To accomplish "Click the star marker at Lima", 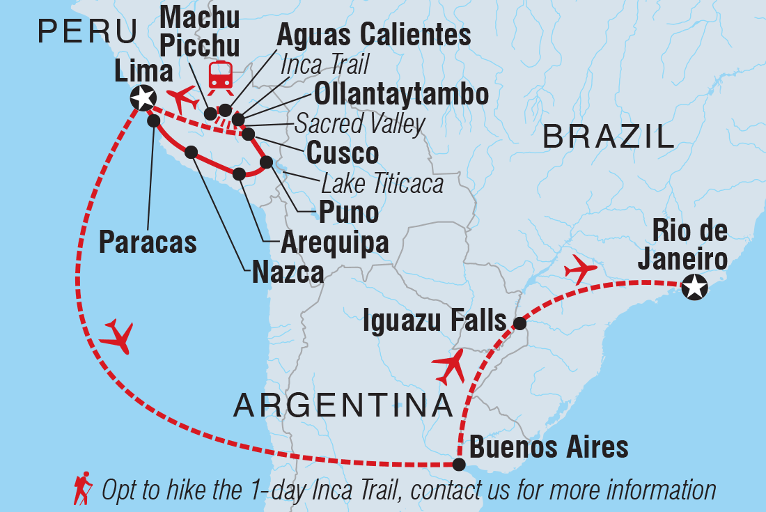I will pyautogui.click(x=143, y=97).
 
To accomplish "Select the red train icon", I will pyautogui.click(x=221, y=75).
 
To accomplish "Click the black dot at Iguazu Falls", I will pyautogui.click(x=519, y=323).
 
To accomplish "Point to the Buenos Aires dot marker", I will pyautogui.click(x=458, y=464).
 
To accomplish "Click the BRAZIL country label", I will pyautogui.click(x=608, y=137).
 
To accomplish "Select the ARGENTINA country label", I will pyautogui.click(x=343, y=405).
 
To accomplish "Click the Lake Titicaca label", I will pyautogui.click(x=382, y=184).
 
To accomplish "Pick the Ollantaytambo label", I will pyautogui.click(x=401, y=94).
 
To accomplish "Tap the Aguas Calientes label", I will pyautogui.click(x=374, y=35).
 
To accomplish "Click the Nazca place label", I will pyautogui.click(x=288, y=270).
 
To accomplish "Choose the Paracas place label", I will pyautogui.click(x=148, y=242).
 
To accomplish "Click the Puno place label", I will pyautogui.click(x=347, y=212).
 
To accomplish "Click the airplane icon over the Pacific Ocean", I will pyautogui.click(x=116, y=336).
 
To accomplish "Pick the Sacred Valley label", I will pyautogui.click(x=359, y=124).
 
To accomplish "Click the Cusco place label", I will pyautogui.click(x=343, y=153).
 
